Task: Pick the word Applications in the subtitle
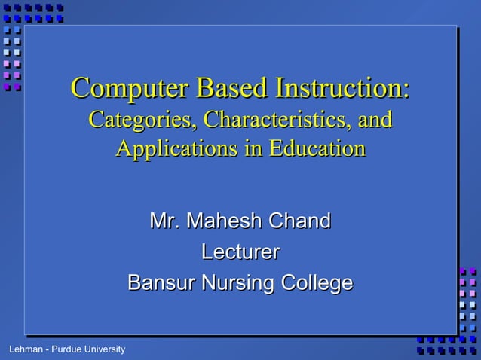tap(167, 148)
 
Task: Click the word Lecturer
tap(240, 252)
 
